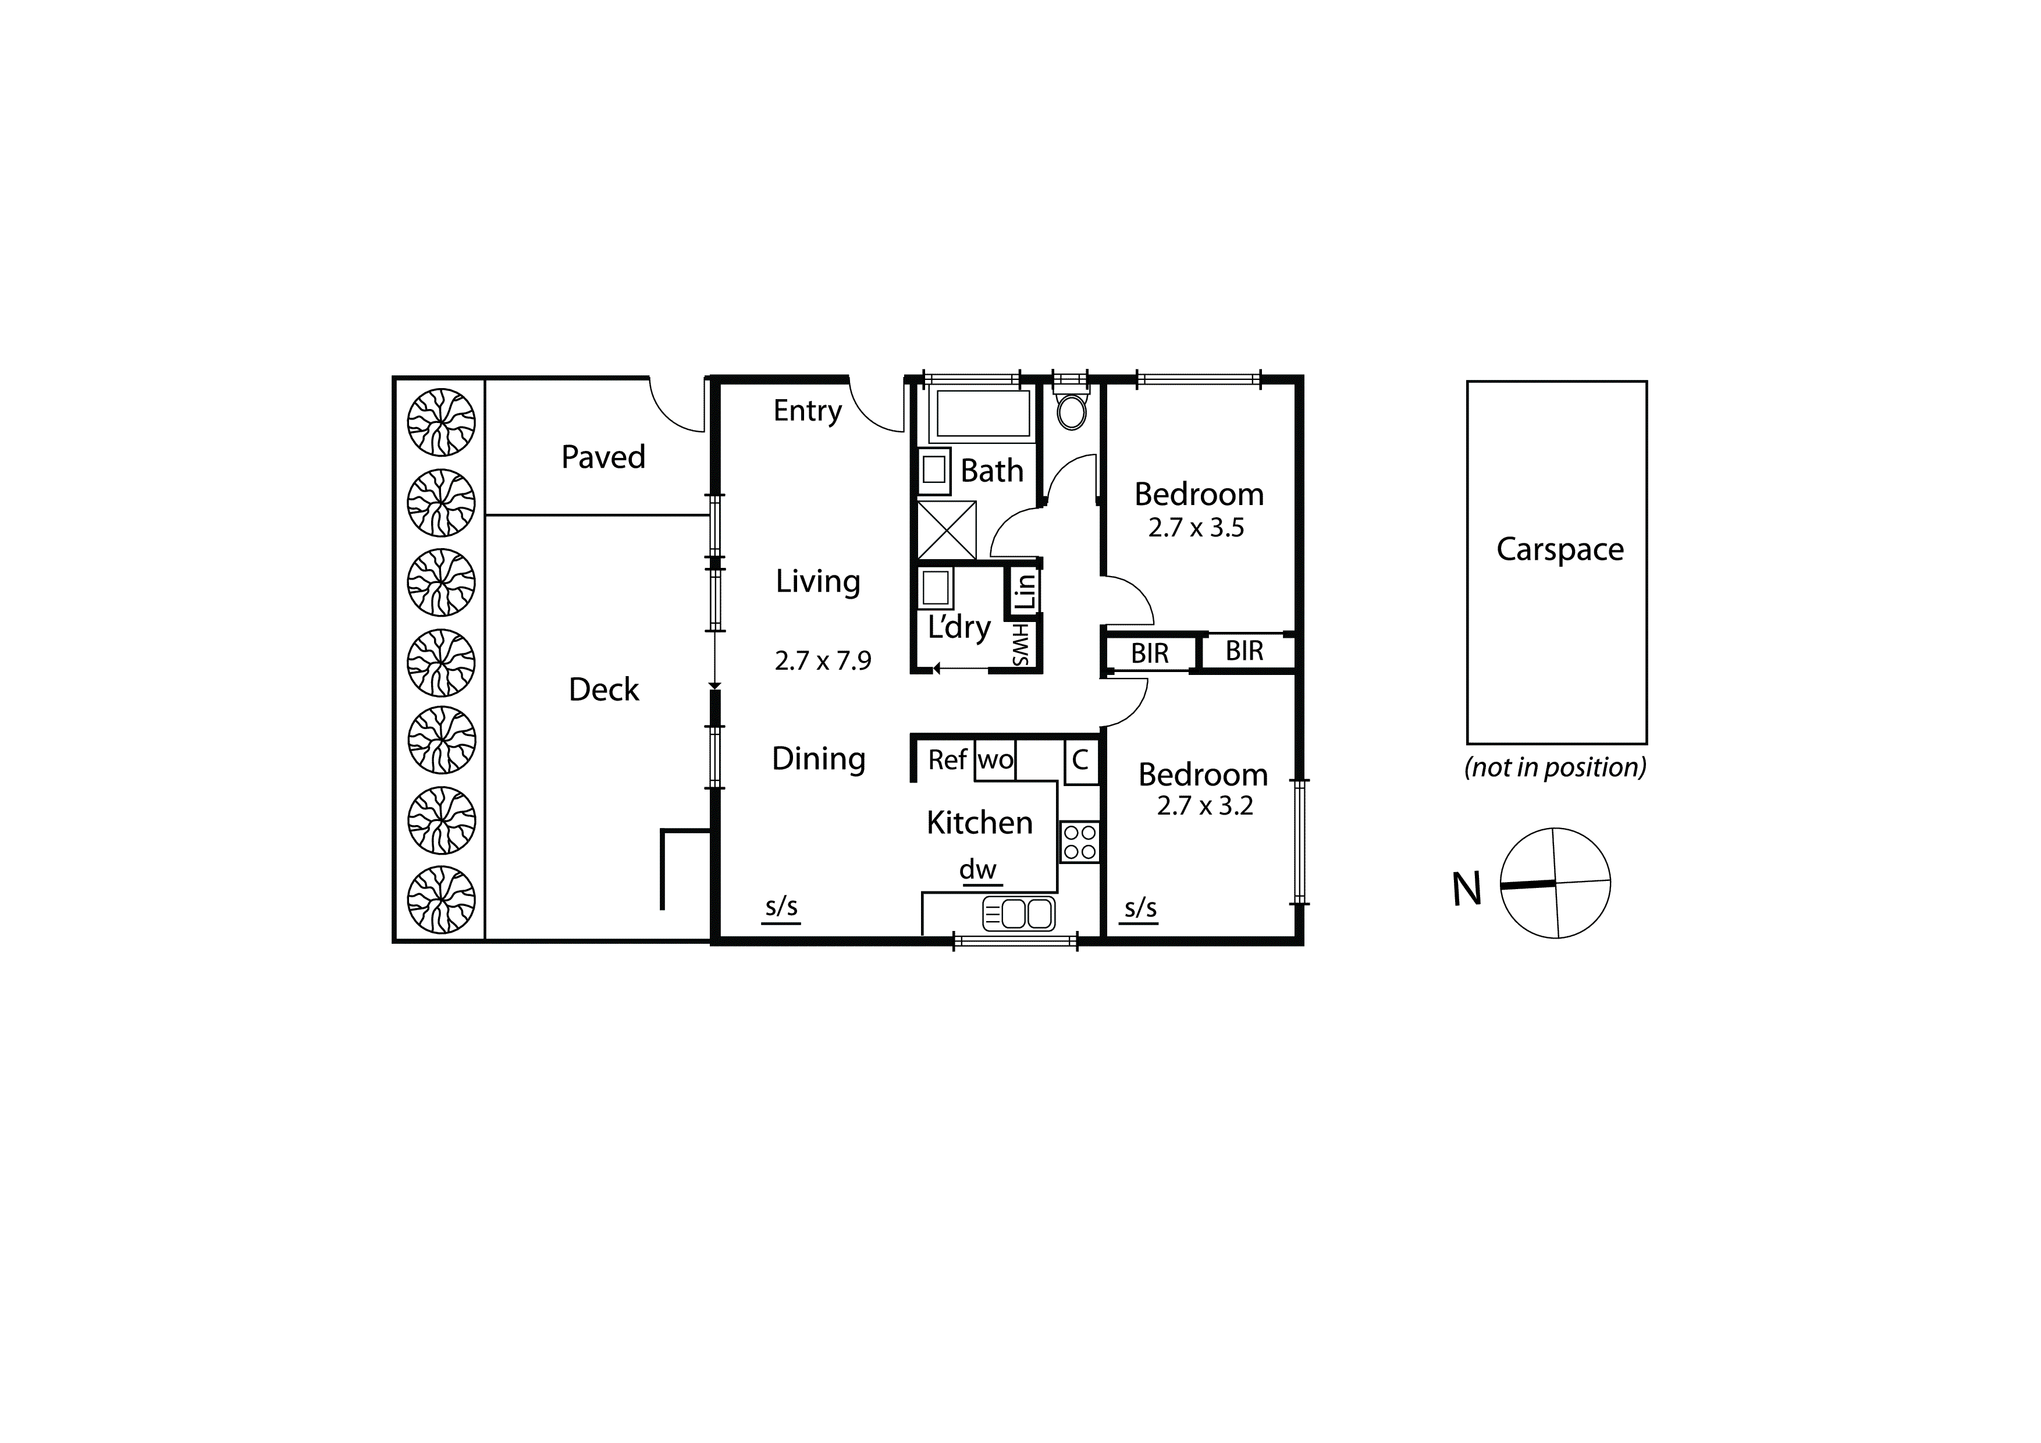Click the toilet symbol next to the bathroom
(x=1071, y=411)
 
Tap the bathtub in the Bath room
(x=982, y=414)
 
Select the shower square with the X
(x=946, y=530)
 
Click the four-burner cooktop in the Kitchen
(x=1079, y=842)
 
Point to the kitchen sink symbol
(x=1019, y=914)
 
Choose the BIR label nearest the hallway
(x=1150, y=653)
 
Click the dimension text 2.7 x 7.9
(x=822, y=660)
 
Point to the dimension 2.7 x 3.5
(x=1196, y=528)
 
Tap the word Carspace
(x=1560, y=549)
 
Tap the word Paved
(x=603, y=457)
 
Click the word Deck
(x=603, y=690)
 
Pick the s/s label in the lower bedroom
(x=1140, y=909)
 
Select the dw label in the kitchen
(x=978, y=869)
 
